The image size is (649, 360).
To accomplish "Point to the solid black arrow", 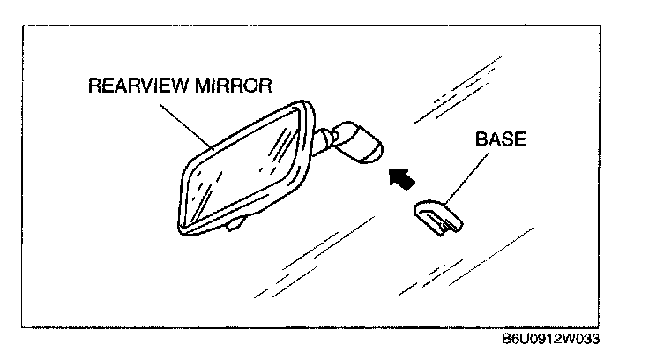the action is tap(402, 179).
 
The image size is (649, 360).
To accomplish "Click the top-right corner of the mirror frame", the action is tap(310, 109).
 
